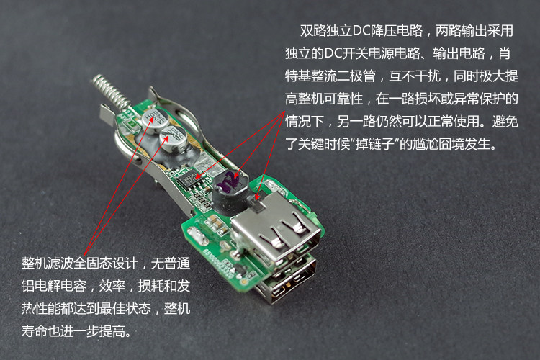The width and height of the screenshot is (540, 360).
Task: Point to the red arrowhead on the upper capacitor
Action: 152,120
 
